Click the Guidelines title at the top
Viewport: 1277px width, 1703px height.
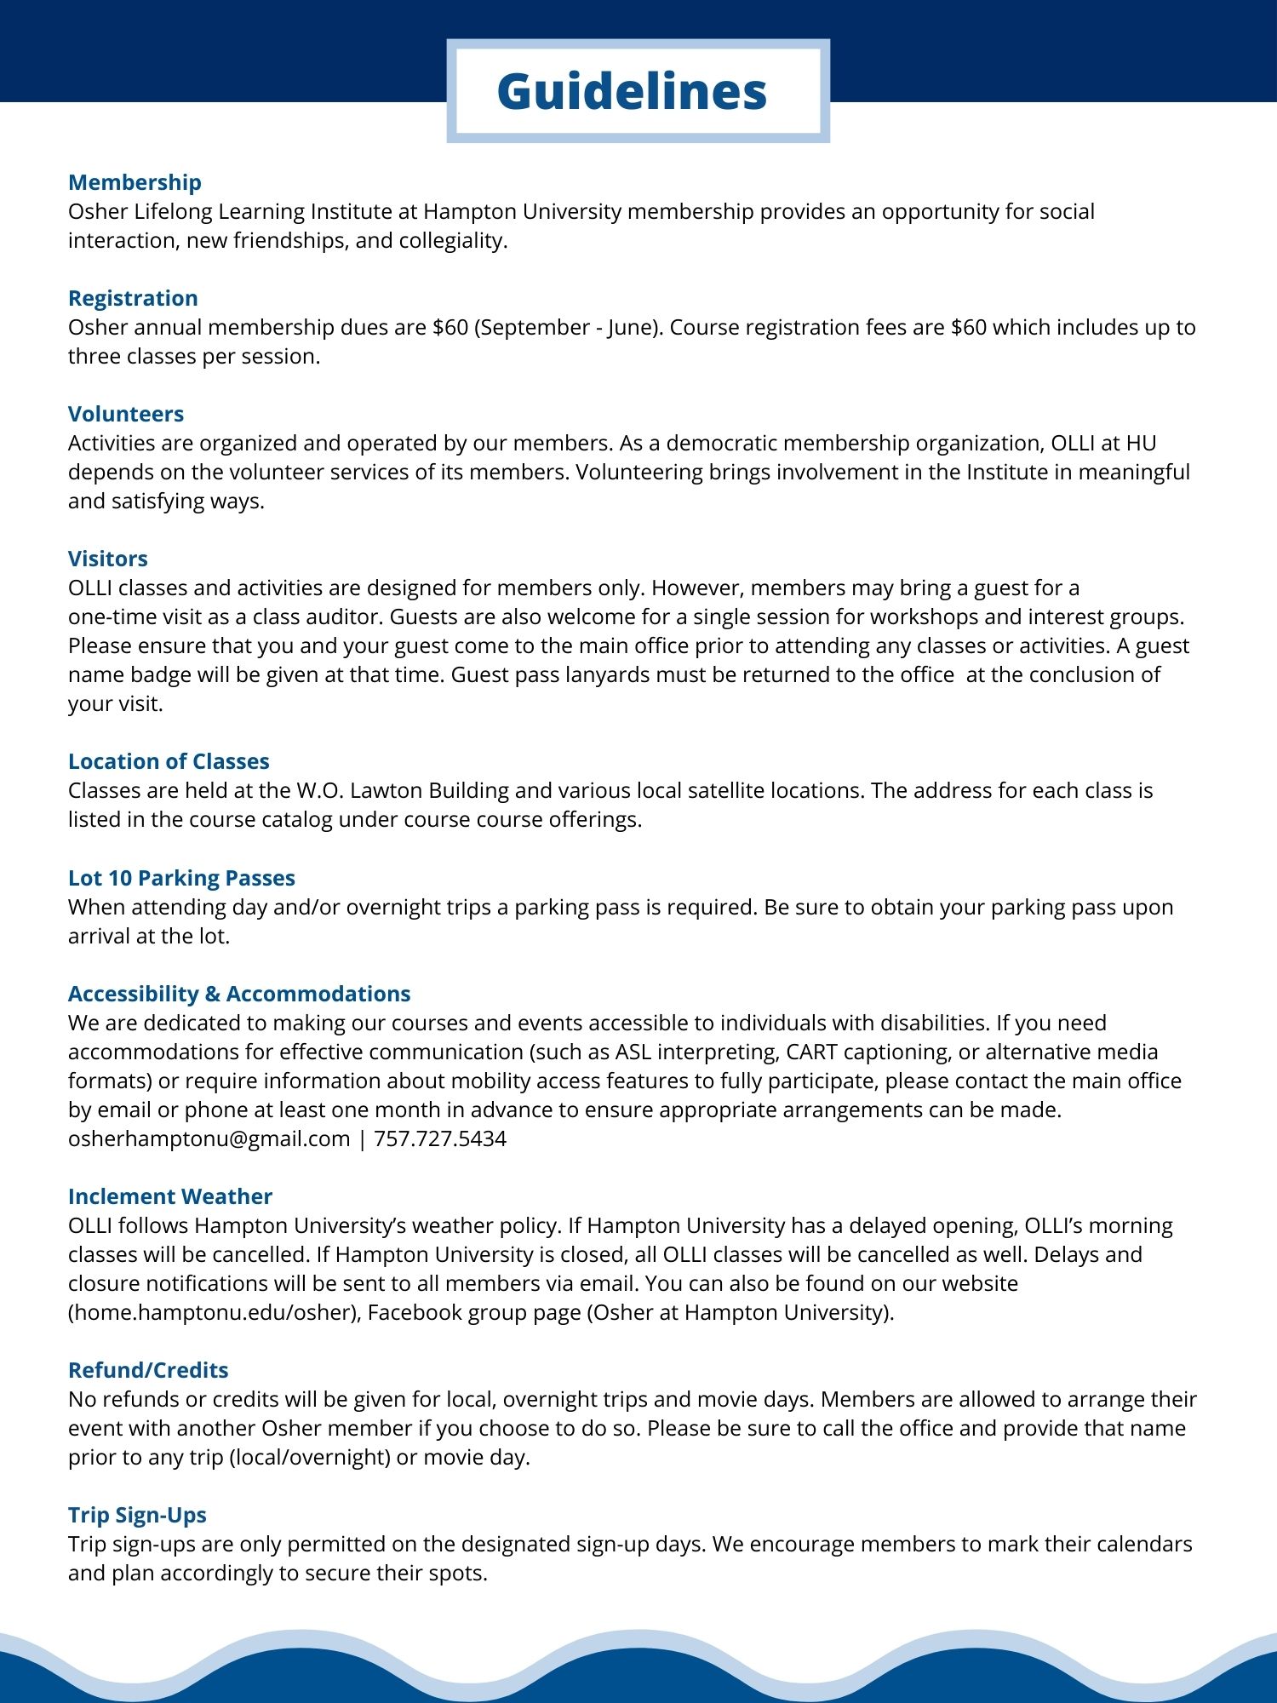[632, 91]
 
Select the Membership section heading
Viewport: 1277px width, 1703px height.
[135, 182]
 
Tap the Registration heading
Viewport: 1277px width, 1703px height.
[133, 298]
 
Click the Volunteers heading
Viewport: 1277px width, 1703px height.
[126, 414]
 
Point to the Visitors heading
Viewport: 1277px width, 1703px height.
[108, 559]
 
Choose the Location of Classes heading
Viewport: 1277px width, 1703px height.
[169, 761]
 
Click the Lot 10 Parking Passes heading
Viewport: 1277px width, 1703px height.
[181, 878]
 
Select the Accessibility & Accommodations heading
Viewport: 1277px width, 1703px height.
[239, 994]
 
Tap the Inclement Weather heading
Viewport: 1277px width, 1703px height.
[170, 1196]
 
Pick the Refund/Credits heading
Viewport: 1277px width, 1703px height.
[148, 1370]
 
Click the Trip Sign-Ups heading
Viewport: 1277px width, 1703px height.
[137, 1515]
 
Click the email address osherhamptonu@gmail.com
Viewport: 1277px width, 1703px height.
[209, 1139]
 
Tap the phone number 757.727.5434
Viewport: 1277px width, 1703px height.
[440, 1139]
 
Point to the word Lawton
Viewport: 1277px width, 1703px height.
[386, 791]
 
